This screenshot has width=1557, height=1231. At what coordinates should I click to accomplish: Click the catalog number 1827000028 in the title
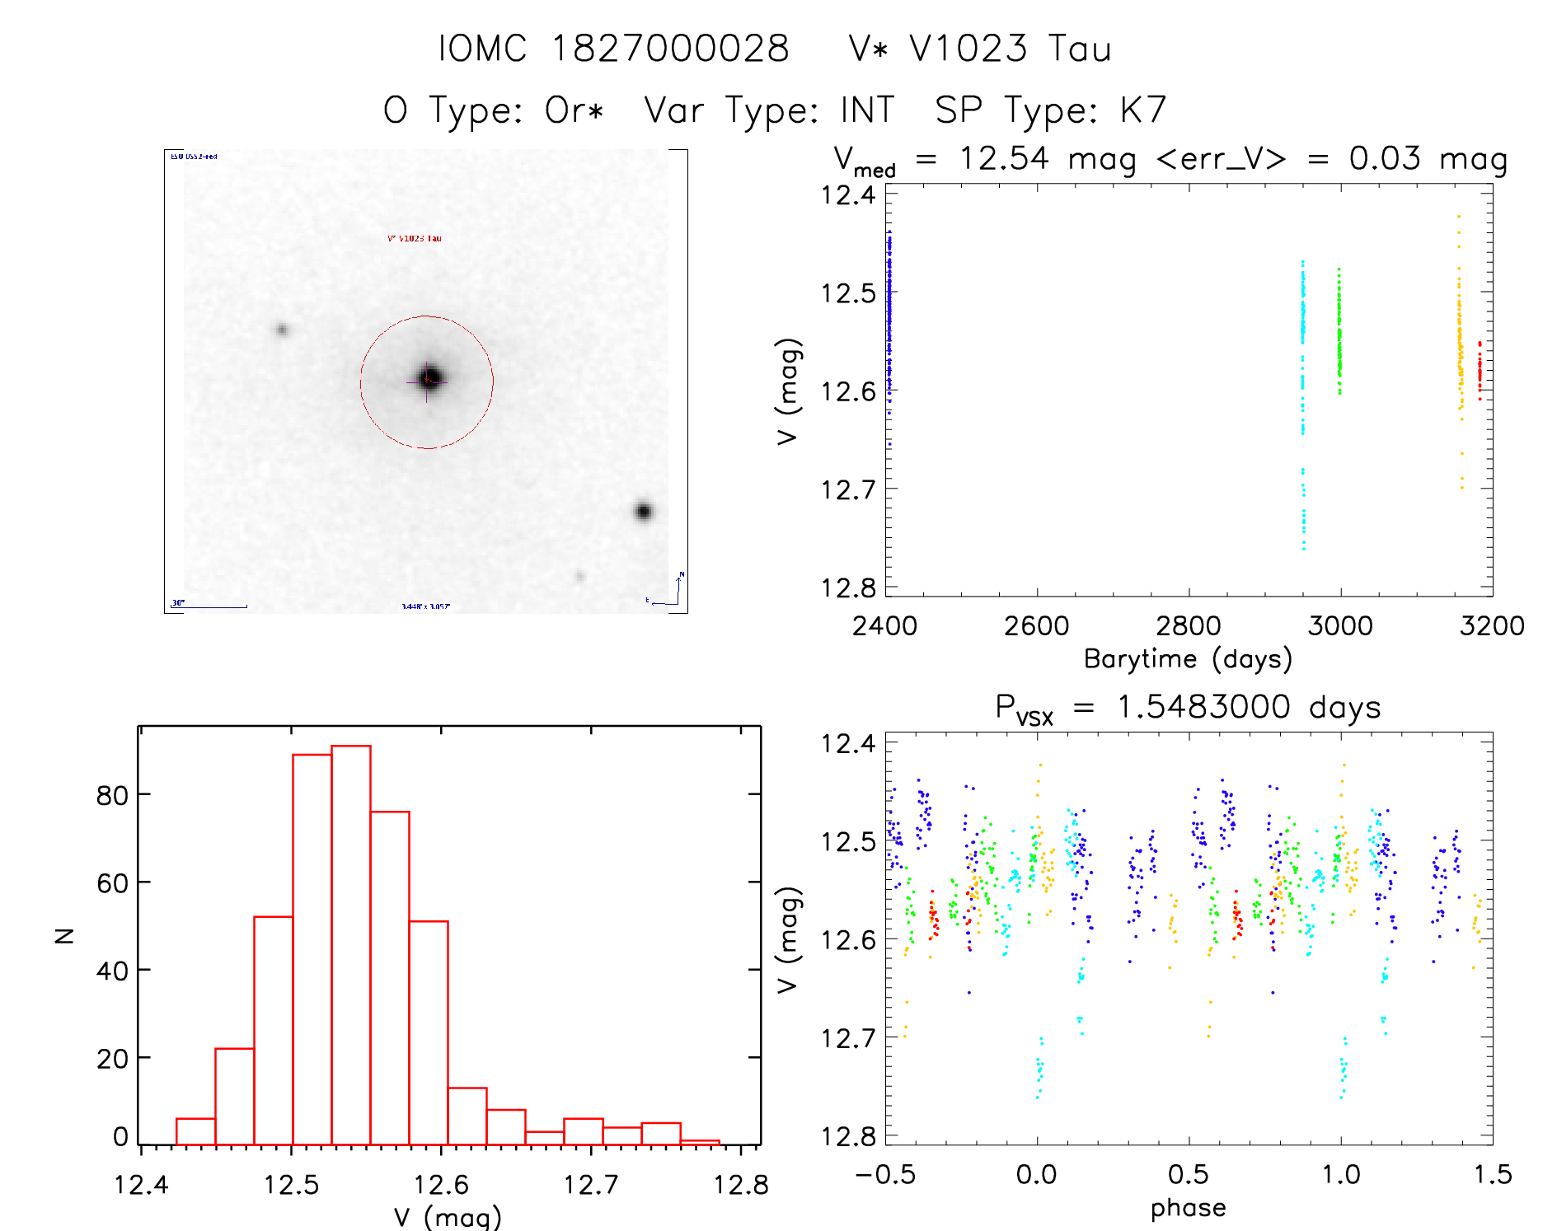tap(669, 49)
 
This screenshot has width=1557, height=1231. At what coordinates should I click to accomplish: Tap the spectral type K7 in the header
tap(1142, 110)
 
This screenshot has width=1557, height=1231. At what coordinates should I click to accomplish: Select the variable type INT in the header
tap(867, 110)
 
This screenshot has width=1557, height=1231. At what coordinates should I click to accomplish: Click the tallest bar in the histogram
tap(351, 943)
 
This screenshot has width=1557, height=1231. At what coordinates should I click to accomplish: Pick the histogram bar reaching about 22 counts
tap(235, 1096)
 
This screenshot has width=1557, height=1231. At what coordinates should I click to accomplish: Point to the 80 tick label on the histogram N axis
tap(112, 796)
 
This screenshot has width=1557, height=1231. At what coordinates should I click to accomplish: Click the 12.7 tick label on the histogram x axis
tap(590, 1185)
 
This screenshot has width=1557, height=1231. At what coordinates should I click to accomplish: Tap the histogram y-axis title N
tap(64, 935)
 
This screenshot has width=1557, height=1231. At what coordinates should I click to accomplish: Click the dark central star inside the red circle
tap(429, 378)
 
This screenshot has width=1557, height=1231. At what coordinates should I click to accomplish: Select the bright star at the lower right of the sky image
tap(644, 512)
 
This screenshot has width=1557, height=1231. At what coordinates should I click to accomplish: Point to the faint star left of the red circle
tap(283, 330)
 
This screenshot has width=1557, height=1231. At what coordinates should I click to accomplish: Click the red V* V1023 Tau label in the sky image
tap(415, 238)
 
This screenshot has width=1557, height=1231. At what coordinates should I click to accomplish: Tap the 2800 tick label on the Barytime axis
tap(1188, 626)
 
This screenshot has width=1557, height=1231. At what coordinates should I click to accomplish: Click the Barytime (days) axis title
tap(1188, 659)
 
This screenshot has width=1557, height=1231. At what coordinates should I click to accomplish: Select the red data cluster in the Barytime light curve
tap(1480, 371)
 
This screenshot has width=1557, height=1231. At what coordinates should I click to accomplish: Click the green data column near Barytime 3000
tap(1339, 334)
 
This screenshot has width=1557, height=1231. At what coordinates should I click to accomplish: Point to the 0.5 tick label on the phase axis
tap(1188, 1175)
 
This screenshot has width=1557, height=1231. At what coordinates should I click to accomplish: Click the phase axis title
tap(1188, 1208)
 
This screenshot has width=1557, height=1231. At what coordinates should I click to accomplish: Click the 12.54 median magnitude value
tap(1004, 158)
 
